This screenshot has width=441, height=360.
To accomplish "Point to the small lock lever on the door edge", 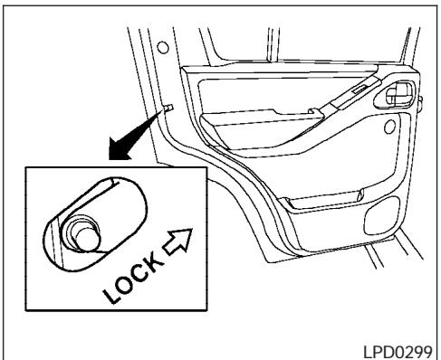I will tap(169, 110).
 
